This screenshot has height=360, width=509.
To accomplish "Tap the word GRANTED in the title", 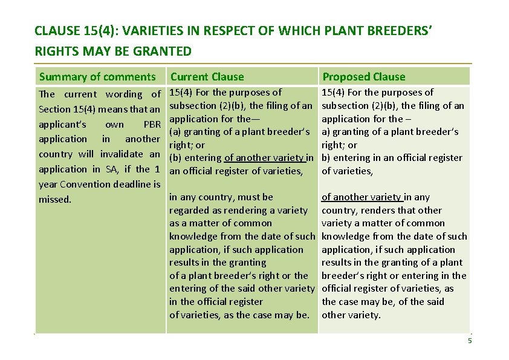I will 165,51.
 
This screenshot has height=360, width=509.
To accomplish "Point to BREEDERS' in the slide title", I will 401,30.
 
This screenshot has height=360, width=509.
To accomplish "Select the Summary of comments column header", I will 97,77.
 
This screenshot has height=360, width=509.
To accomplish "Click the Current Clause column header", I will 207,77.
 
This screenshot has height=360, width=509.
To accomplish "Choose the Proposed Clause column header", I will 364,77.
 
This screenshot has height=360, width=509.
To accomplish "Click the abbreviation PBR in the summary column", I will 152,125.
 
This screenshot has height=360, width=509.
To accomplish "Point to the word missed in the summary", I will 54,199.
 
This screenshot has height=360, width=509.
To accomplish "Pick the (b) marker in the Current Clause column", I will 176,158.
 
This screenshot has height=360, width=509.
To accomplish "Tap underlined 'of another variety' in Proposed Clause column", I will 361,197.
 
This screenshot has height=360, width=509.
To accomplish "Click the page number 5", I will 470,341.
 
